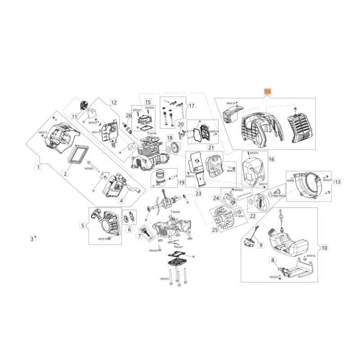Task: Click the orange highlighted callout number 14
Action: tap(267, 92)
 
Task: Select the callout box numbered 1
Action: tap(38, 167)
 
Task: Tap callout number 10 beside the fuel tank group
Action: tap(324, 247)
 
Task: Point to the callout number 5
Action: tap(82, 225)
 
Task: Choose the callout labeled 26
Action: tap(129, 115)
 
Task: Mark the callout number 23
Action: tap(198, 193)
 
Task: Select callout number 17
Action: tap(179, 106)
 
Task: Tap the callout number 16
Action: tap(271, 159)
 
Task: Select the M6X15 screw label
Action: tap(43, 132)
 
